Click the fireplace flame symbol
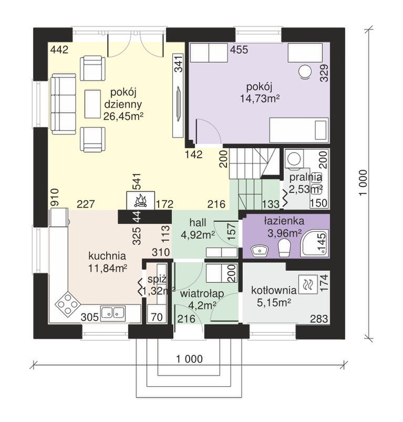coord(140,201)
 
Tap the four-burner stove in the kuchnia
coord(68,304)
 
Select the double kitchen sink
coord(113,313)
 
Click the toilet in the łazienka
coord(285,248)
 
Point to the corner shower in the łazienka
coord(315,243)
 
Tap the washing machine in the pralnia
coord(294,159)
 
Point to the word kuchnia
coord(107,256)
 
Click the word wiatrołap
coord(202,294)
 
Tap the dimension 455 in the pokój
coord(239,50)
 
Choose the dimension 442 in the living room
coord(59,50)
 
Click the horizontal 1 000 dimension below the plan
coord(189,359)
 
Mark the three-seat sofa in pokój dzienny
coord(64,104)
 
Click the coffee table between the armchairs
coord(92,104)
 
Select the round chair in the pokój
coord(305,72)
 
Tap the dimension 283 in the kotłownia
coord(319,319)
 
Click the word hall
coord(198,223)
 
